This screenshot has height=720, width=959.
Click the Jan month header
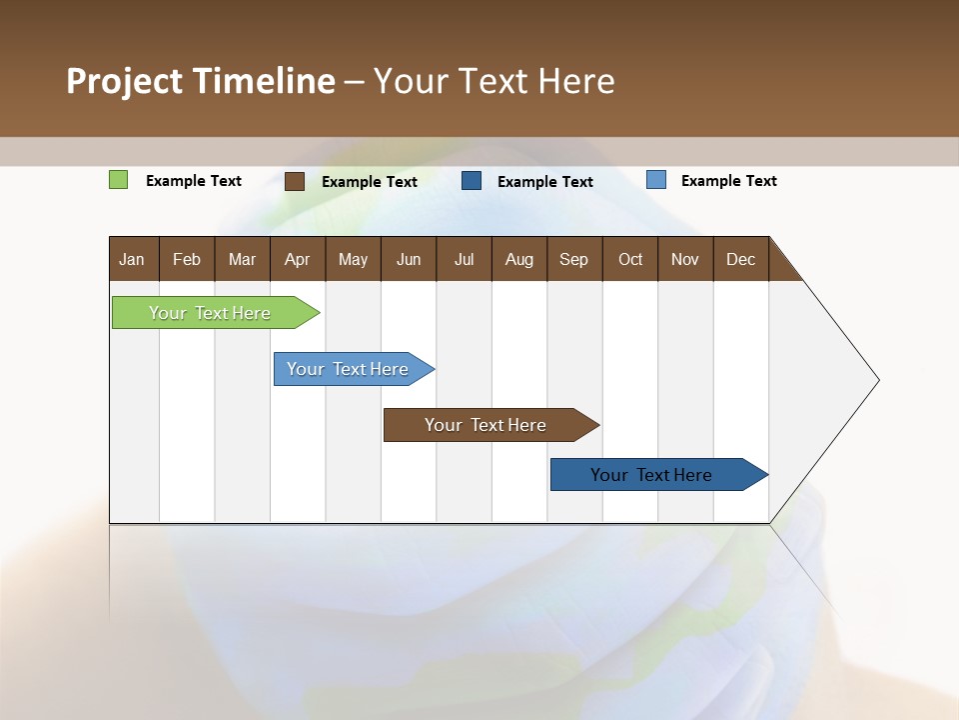pyautogui.click(x=132, y=259)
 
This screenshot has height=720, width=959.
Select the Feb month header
pyautogui.click(x=187, y=259)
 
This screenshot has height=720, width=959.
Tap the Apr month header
pyautogui.click(x=297, y=259)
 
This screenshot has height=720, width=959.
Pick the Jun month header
pyautogui.click(x=409, y=259)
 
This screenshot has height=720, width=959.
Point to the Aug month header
pyautogui.click(x=518, y=259)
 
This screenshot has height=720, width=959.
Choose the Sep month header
pyautogui.click(x=573, y=259)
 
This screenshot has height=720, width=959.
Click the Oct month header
pyautogui.click(x=630, y=259)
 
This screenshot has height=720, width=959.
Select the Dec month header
pyautogui.click(x=740, y=259)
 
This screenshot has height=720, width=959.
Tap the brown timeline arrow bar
pyautogui.click(x=486, y=425)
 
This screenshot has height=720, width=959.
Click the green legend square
pyautogui.click(x=118, y=180)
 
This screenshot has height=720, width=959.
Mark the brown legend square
pyautogui.click(x=295, y=181)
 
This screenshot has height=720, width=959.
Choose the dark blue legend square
pyautogui.click(x=472, y=181)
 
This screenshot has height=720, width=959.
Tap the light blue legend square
pyautogui.click(x=655, y=180)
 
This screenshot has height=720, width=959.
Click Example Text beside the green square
pyautogui.click(x=194, y=181)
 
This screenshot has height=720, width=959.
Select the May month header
pyautogui.click(x=353, y=259)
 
